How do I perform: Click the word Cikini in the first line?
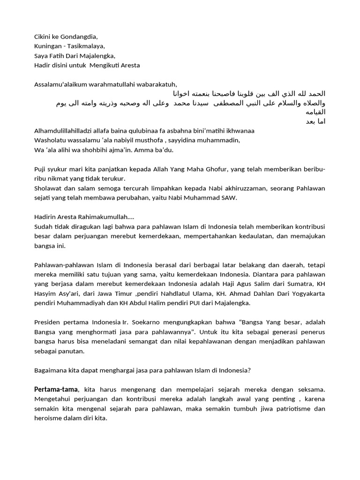[x=43, y=37]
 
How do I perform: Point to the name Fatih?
[x=59, y=56]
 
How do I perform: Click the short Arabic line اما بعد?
[x=315, y=121]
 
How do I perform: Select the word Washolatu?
[x=50, y=140]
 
